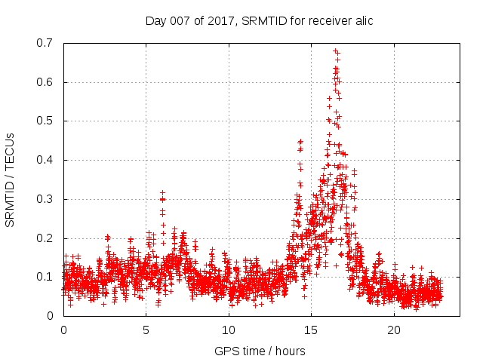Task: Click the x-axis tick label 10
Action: (x=229, y=330)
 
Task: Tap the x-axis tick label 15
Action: (x=312, y=330)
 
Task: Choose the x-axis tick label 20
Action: (x=394, y=330)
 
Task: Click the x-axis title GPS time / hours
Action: (x=260, y=351)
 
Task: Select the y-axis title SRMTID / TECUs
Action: (x=11, y=179)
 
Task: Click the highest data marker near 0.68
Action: (x=336, y=51)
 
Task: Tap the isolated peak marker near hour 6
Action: (x=162, y=194)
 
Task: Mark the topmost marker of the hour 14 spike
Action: (x=300, y=141)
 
